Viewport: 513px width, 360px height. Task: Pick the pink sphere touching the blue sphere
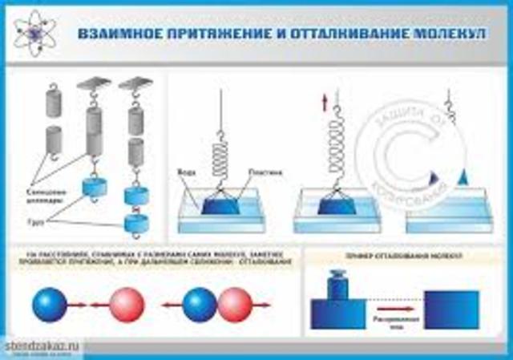point(235,305)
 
